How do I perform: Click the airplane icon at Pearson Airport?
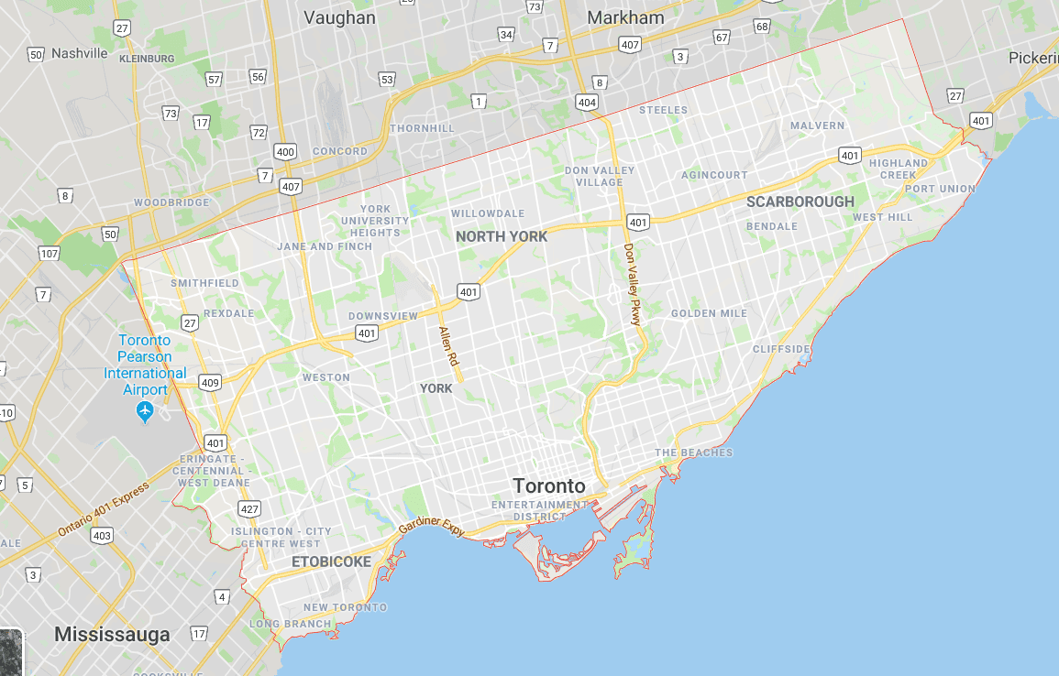coord(144,412)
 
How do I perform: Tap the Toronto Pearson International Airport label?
coord(145,365)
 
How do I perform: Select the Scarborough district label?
coord(800,202)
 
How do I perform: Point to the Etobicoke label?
coord(331,562)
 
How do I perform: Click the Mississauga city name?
coord(112,634)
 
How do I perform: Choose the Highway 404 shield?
coord(588,102)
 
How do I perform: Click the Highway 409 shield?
coord(210,382)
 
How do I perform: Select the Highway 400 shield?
coord(285,151)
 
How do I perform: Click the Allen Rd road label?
coord(447,347)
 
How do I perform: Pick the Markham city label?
coord(625,17)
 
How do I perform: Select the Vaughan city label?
coord(338,16)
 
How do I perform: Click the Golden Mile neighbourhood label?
coord(709,313)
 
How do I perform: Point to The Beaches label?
coord(693,452)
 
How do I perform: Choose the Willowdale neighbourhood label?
coord(488,213)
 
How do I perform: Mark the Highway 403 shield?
coord(102,535)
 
